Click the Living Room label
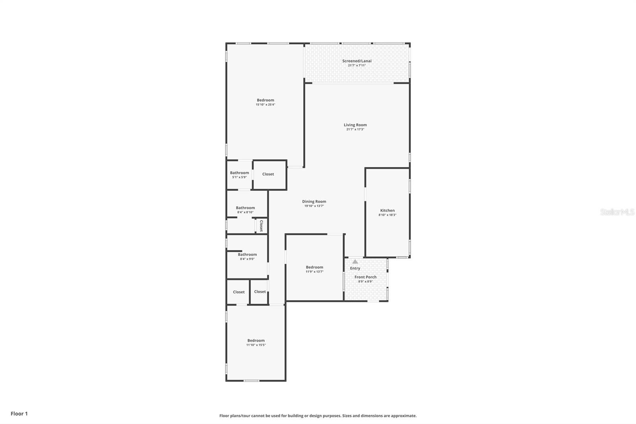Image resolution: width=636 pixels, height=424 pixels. click(355, 125)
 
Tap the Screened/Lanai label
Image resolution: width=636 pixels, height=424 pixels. click(357, 61)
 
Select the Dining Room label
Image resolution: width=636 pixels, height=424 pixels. click(314, 202)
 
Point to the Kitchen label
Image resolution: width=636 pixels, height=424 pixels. click(387, 210)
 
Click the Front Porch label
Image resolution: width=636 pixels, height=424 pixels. click(365, 277)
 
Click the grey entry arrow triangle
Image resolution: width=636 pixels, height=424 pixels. click(355, 261)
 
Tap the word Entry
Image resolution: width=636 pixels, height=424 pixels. click(355, 268)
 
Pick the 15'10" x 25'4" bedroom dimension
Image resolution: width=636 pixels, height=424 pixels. click(266, 105)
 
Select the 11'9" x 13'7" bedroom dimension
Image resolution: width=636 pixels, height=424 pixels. click(314, 272)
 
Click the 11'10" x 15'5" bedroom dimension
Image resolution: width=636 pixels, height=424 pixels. click(256, 345)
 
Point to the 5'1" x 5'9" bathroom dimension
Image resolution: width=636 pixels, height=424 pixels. click(239, 177)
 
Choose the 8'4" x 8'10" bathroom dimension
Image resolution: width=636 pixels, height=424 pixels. click(245, 212)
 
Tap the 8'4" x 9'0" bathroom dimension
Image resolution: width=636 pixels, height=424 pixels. click(247, 259)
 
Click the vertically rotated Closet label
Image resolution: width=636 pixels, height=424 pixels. click(262, 226)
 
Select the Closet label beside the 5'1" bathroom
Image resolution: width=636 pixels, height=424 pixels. click(268, 174)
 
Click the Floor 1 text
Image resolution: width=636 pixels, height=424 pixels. click(19, 414)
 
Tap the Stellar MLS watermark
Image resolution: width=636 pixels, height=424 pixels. click(617, 212)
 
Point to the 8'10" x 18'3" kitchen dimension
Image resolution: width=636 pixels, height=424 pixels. click(387, 215)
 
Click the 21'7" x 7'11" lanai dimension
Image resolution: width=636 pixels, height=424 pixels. click(357, 65)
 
